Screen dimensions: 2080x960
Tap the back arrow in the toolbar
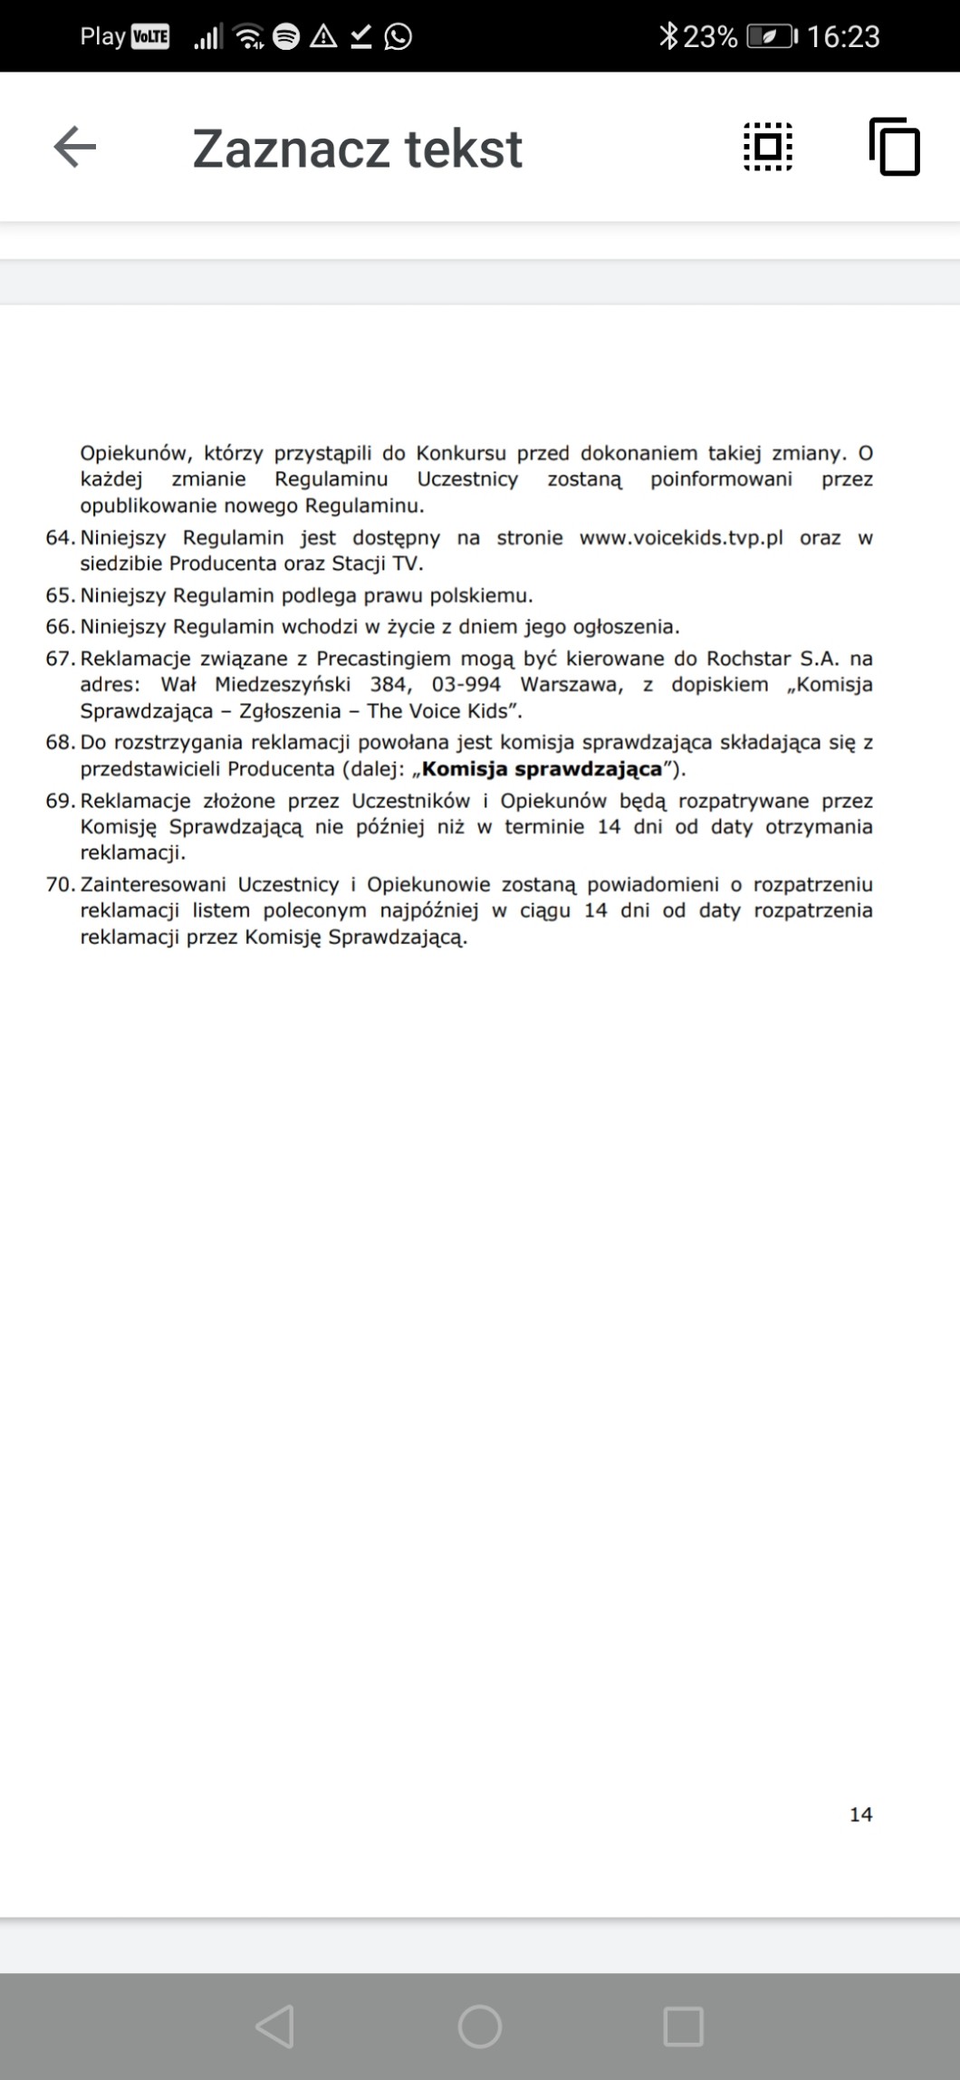[75, 147]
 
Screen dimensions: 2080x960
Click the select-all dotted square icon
[768, 147]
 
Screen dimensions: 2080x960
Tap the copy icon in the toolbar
[894, 147]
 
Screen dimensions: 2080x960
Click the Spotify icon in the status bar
[286, 36]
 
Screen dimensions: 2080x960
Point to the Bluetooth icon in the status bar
[668, 36]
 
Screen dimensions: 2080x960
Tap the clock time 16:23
[843, 36]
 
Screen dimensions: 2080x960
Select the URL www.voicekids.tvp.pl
[681, 537]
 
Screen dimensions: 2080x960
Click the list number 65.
[60, 595]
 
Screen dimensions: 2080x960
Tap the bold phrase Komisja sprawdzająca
[542, 769]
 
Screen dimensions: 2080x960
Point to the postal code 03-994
[466, 684]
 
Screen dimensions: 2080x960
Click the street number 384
[389, 684]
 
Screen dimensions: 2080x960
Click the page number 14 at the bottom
[860, 1814]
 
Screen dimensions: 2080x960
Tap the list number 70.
[60, 884]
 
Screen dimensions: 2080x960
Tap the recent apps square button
[683, 2026]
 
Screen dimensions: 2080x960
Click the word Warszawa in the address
[571, 684]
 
